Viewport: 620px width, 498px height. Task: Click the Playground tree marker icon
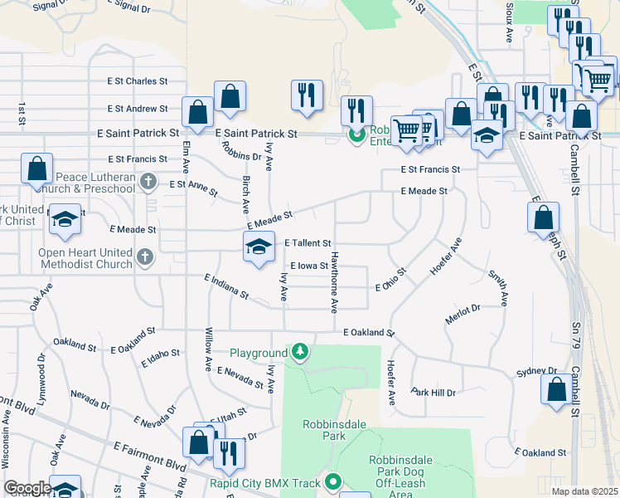pyautogui.click(x=301, y=353)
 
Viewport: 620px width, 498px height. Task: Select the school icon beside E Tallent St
pyautogui.click(x=259, y=247)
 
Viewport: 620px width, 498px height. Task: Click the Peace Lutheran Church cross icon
pyautogui.click(x=148, y=181)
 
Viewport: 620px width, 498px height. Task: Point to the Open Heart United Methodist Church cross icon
pyautogui.click(x=145, y=257)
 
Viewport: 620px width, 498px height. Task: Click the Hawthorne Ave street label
pyautogui.click(x=334, y=281)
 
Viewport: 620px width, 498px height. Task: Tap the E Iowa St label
pyautogui.click(x=308, y=266)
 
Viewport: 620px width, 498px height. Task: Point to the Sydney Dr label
pyautogui.click(x=535, y=371)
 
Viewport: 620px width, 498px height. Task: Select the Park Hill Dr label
pyautogui.click(x=434, y=392)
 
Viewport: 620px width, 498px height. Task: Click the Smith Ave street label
pyautogui.click(x=497, y=286)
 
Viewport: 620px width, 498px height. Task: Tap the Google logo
pyautogui.click(x=27, y=488)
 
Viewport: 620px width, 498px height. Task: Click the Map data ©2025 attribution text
pyautogui.click(x=584, y=491)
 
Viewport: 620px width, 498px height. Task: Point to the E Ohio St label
pyautogui.click(x=390, y=280)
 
